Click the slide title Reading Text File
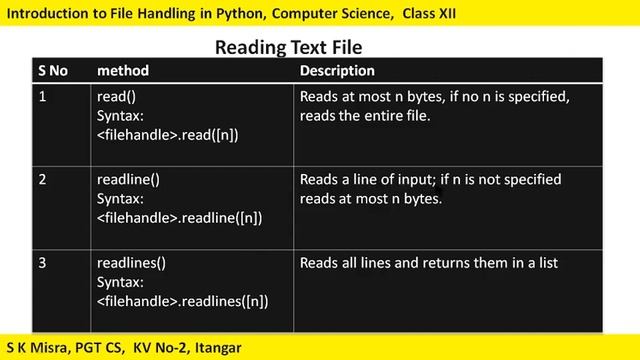pos(289,47)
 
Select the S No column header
pos(56,71)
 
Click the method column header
pos(122,71)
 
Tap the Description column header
pos(337,71)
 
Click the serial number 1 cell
pos(43,98)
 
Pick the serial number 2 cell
pos(43,181)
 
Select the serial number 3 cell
pos(43,264)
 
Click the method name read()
pos(117,98)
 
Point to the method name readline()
pos(128,181)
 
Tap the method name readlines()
pos(131,264)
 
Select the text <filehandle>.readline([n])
pos(179,217)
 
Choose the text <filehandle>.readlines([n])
pos(182,300)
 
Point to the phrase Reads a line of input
pos(364,181)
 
